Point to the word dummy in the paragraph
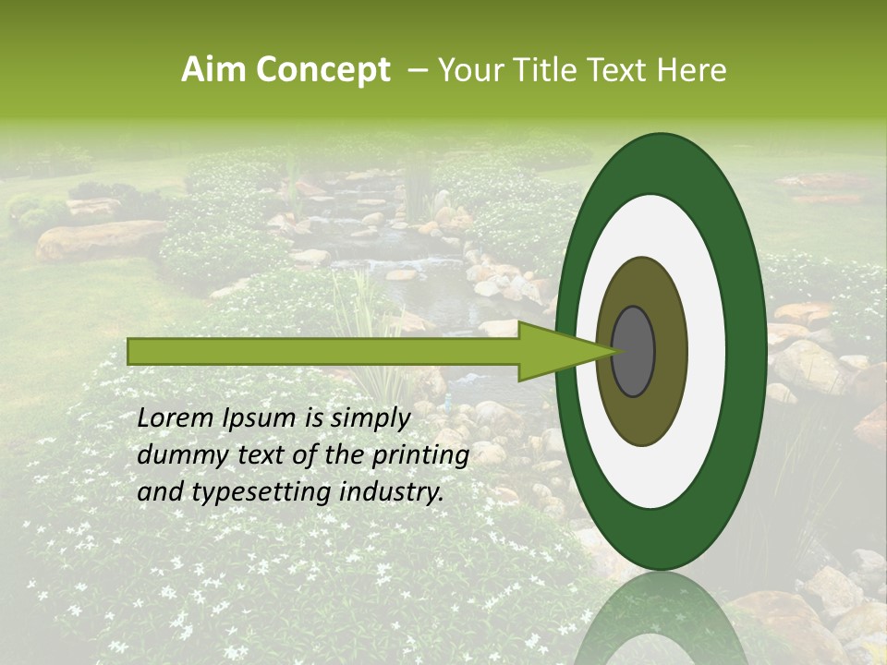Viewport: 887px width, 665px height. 175,456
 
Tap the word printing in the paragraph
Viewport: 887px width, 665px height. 420,456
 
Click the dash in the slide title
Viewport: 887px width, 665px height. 418,70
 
